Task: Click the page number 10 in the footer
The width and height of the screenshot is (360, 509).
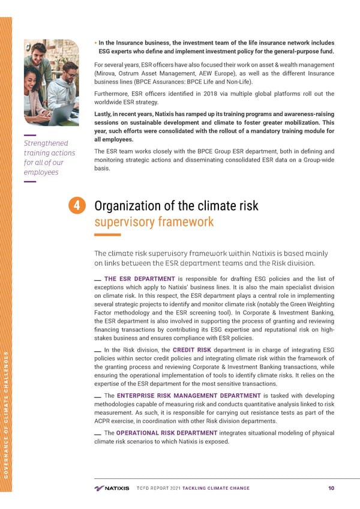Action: [x=331, y=488]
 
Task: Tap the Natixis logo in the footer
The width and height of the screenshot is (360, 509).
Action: [x=112, y=488]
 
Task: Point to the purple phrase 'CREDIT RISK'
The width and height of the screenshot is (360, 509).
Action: [x=191, y=350]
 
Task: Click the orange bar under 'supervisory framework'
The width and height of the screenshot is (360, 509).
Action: [x=108, y=235]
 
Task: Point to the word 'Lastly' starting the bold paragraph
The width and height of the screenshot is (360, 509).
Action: [x=104, y=113]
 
